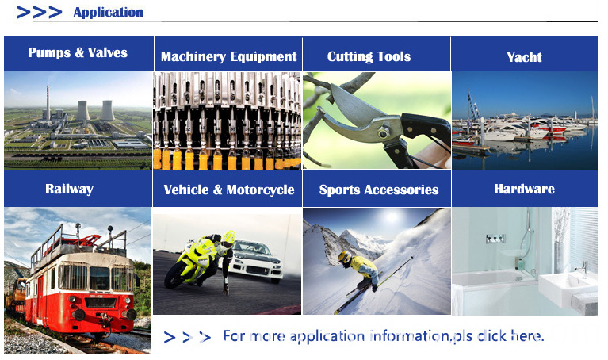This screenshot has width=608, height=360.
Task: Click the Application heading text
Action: pyautogui.click(x=109, y=13)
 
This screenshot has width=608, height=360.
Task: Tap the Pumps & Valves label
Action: pyautogui.click(x=78, y=52)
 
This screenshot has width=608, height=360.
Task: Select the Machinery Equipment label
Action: pyautogui.click(x=229, y=56)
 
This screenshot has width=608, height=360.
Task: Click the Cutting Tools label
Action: pyautogui.click(x=369, y=56)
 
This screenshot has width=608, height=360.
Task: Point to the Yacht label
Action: pyautogui.click(x=524, y=57)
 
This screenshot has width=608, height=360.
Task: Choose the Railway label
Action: pyautogui.click(x=70, y=189)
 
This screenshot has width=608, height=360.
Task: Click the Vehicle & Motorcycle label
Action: pyautogui.click(x=229, y=190)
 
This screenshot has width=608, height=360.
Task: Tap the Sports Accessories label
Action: pyautogui.click(x=379, y=190)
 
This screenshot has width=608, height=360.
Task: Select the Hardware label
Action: pyautogui.click(x=524, y=189)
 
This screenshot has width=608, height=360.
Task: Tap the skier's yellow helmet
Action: pyautogui.click(x=344, y=258)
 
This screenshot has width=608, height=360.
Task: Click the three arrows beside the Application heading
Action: pyautogui.click(x=39, y=13)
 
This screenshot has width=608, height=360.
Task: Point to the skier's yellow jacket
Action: pyautogui.click(x=363, y=268)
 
